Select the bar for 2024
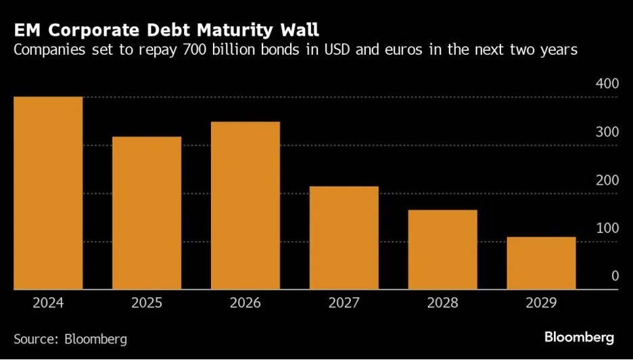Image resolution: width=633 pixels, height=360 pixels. [48, 193]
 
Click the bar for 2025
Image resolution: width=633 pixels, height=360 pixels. [147, 213]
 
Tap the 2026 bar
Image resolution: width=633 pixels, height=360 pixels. [245, 206]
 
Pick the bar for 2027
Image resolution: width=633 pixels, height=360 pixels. [344, 238]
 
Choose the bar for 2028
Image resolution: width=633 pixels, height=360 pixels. [443, 250]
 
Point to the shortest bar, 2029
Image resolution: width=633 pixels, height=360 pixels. [542, 263]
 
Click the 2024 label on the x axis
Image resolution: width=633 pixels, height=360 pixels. [48, 302]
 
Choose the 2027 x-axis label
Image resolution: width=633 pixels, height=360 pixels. [344, 302]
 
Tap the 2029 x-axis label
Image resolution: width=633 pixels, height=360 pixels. [542, 302]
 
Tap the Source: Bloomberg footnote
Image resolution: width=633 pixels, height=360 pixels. [70, 338]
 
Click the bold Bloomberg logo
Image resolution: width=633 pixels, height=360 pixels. [579, 337]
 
